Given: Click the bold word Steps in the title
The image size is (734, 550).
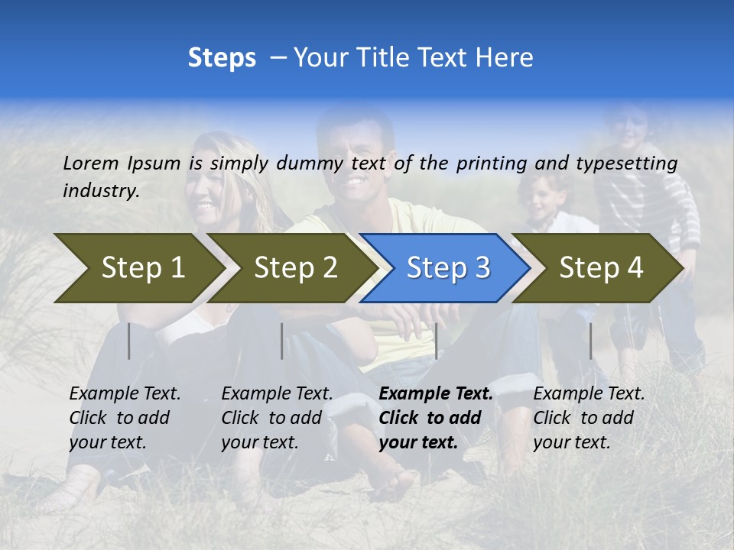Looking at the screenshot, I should click(x=222, y=58).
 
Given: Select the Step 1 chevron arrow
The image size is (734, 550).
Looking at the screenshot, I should click(x=138, y=268).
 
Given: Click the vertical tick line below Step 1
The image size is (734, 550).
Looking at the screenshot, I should click(x=129, y=341).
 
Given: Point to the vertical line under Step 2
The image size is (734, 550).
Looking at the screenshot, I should click(x=282, y=341).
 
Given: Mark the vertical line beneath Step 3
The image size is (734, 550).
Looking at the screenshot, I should click(x=436, y=341).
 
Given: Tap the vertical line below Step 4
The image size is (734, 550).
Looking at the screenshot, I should click(x=591, y=341).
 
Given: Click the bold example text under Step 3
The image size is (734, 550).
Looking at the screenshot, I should click(x=435, y=418).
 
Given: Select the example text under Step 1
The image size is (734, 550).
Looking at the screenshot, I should click(x=125, y=418).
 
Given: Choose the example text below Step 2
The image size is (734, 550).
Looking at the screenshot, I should click(x=277, y=418).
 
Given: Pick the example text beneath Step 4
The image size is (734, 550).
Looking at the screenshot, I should click(x=589, y=418).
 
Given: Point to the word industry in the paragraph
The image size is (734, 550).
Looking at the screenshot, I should click(x=100, y=190).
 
